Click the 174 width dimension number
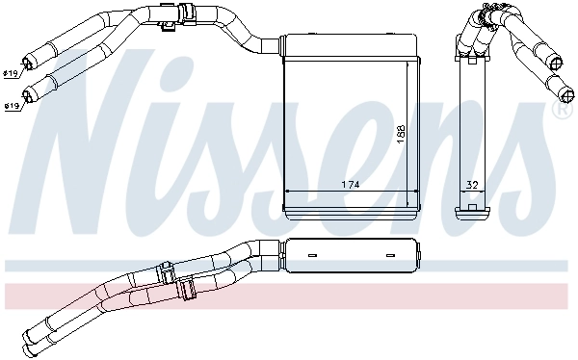350,184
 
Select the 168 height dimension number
401,134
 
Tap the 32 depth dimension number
472,185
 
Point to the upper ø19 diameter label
11,74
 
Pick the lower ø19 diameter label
12,106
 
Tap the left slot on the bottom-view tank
312,255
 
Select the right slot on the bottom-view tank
390,255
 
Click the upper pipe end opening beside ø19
28,63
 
